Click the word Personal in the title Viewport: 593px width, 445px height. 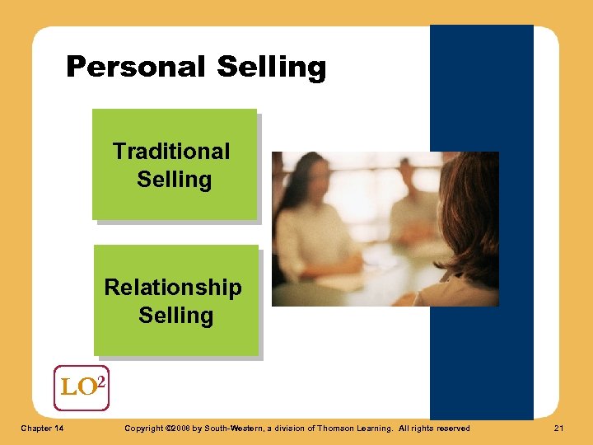click(x=137, y=67)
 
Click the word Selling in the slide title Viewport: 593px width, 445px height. click(x=271, y=67)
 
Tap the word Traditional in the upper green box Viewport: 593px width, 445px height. click(x=171, y=152)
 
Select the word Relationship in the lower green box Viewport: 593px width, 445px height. click(x=173, y=288)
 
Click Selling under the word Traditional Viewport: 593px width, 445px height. click(x=174, y=180)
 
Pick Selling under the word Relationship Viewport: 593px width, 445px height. click(x=175, y=316)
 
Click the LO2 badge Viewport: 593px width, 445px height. click(x=81, y=387)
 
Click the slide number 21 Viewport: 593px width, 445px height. click(x=558, y=429)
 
